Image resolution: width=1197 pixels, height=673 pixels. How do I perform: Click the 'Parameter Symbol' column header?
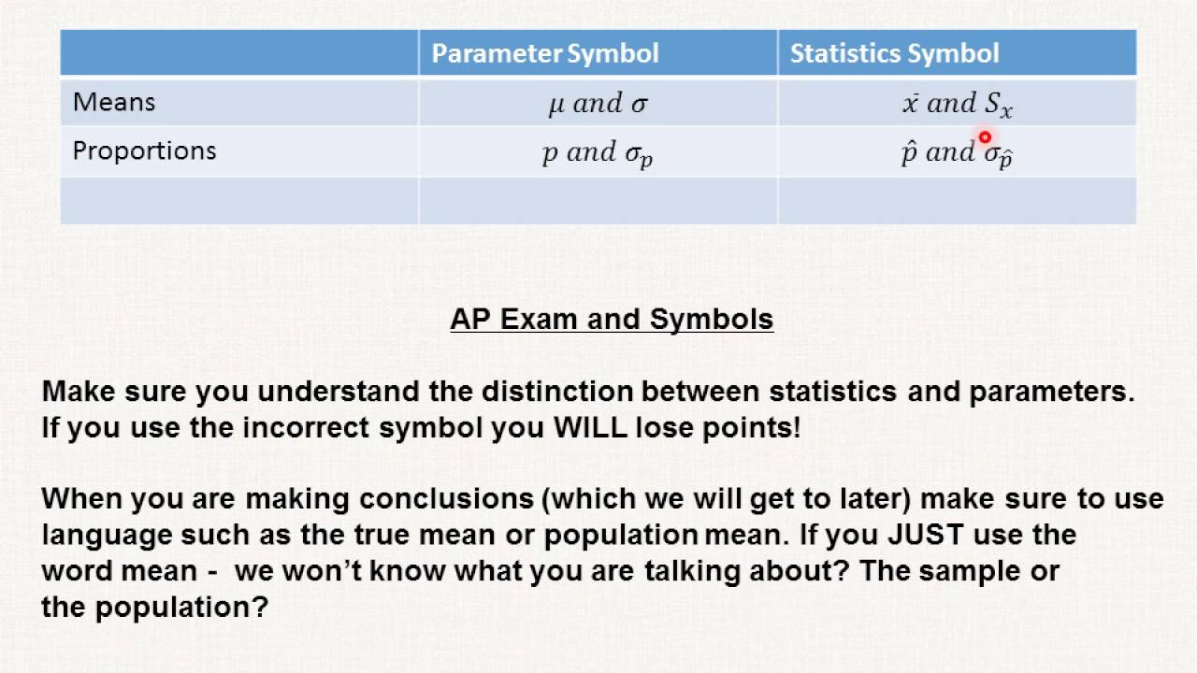coord(544,53)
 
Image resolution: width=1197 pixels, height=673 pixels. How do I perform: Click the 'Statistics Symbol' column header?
coord(894,53)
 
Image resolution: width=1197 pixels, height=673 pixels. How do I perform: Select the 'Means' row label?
coord(114,102)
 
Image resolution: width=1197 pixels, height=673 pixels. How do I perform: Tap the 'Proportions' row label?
coord(144,151)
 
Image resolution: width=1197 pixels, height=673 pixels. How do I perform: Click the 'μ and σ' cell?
coord(598,104)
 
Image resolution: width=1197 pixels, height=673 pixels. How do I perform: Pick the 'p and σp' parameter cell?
coord(598,153)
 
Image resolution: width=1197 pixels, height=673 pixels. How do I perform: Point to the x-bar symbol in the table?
coord(910,104)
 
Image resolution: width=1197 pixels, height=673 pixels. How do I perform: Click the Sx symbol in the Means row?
coord(998,106)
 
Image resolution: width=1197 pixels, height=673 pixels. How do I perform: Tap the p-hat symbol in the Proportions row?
coord(908,152)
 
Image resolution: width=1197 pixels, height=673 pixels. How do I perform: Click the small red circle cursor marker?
coord(985,138)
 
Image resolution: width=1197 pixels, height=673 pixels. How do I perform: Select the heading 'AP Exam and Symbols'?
coord(612,320)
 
